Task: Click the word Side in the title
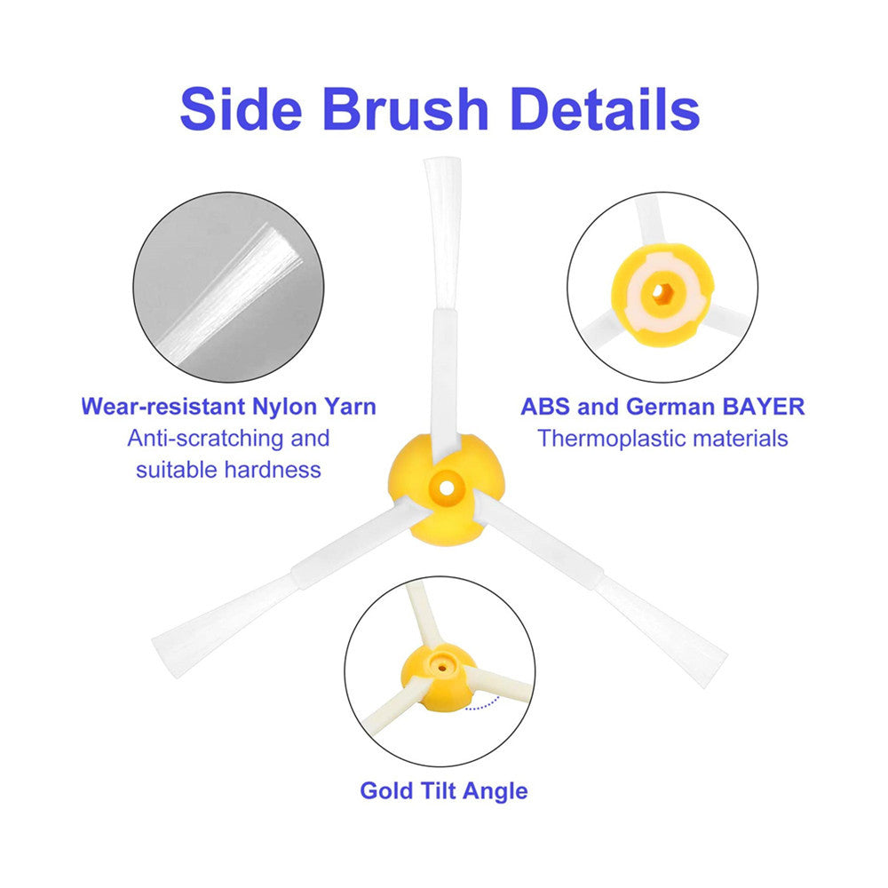242,109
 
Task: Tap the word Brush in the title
405,109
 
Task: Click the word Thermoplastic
607,438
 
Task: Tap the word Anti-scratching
203,438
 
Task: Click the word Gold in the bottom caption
385,789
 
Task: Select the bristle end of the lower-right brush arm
706,658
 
